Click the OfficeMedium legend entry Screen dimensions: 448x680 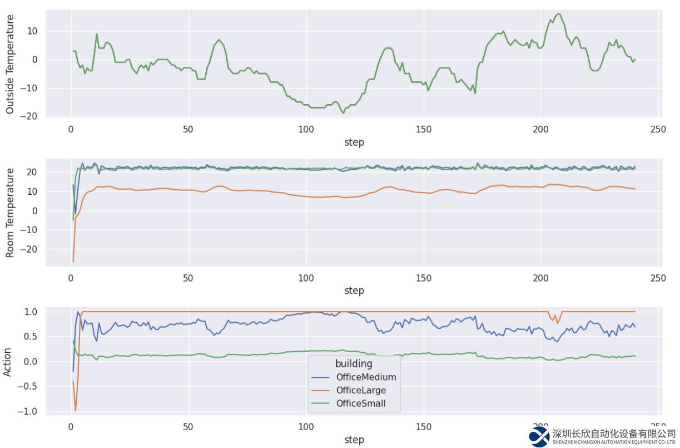click(x=366, y=377)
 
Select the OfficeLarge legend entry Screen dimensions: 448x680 click(x=361, y=390)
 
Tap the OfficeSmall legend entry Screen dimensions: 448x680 click(x=360, y=403)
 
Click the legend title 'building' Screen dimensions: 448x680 click(x=354, y=364)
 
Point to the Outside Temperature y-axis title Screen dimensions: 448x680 click(x=9, y=65)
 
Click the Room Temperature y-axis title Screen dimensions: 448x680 click(x=9, y=213)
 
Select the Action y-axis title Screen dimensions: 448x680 click(x=7, y=362)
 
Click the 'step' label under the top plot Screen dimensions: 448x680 click(x=354, y=142)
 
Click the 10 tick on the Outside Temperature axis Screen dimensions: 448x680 click(x=33, y=31)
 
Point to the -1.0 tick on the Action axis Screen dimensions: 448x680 click(x=28, y=411)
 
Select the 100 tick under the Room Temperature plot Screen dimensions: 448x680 click(x=306, y=278)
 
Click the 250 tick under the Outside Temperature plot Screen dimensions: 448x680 click(x=658, y=130)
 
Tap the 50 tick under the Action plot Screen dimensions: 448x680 click(x=188, y=427)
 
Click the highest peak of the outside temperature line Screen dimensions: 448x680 click(x=559, y=14)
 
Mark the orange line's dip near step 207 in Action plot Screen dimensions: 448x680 click(x=557, y=323)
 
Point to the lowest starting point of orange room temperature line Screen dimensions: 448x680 click(x=73, y=262)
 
